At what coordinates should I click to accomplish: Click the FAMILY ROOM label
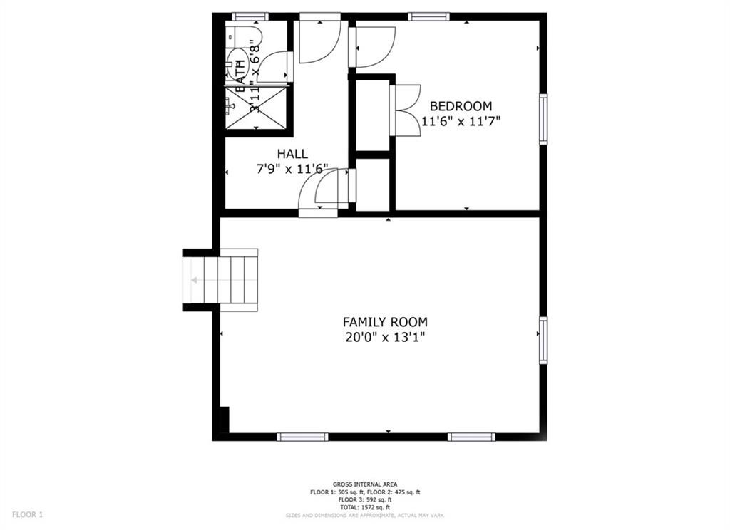click(385, 322)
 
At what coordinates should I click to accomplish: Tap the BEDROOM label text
click(461, 106)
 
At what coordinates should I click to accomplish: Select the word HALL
click(292, 154)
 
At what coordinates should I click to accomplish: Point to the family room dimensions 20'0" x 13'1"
click(385, 338)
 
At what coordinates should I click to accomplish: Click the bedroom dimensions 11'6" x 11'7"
click(461, 121)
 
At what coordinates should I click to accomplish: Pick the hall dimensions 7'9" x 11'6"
click(292, 170)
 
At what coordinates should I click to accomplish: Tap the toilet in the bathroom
click(237, 61)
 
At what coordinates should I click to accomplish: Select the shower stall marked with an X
click(255, 108)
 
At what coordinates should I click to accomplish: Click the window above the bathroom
click(250, 16)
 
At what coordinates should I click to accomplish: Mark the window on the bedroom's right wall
click(543, 119)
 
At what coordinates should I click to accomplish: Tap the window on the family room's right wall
click(543, 341)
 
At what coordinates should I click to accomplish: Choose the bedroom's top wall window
click(429, 16)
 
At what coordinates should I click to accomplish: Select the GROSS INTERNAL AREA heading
click(365, 484)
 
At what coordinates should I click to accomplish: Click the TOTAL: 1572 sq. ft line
click(365, 507)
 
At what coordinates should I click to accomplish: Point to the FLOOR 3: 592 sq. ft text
click(365, 499)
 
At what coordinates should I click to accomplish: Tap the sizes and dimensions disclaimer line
click(365, 514)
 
